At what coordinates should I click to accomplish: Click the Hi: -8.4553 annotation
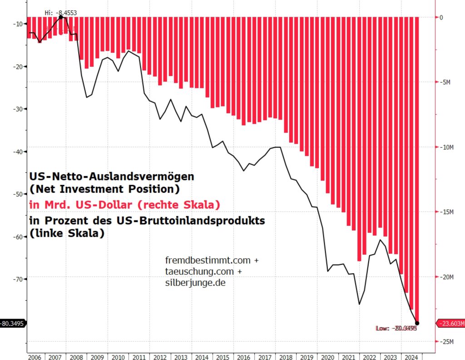tap(60, 12)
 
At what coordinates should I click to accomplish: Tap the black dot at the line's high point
tap(61, 17)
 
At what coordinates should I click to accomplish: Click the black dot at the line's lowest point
tap(417, 323)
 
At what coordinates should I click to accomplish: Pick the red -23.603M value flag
tap(451, 323)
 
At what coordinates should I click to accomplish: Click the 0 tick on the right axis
tap(440, 17)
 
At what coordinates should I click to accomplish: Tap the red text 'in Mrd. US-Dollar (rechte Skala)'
tap(124, 205)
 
